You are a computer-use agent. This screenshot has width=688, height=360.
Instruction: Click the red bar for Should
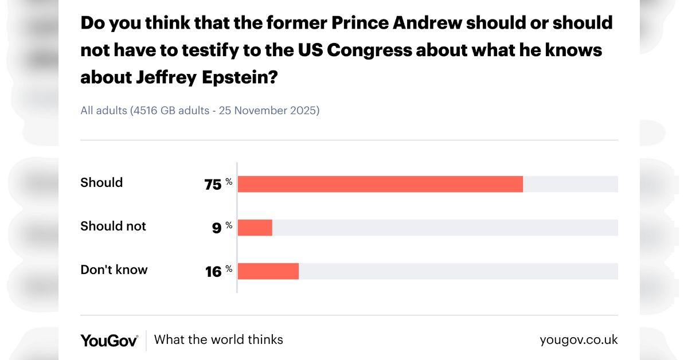[380, 184]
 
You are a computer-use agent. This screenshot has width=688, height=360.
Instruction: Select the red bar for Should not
[255, 228]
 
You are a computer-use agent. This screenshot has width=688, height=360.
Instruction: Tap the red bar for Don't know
[268, 271]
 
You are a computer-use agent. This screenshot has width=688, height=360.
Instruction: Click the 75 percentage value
[213, 185]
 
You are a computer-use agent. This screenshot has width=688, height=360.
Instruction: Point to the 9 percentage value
[217, 228]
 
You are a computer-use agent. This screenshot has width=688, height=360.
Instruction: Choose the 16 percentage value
[213, 272]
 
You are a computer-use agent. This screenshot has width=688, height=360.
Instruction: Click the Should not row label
[113, 226]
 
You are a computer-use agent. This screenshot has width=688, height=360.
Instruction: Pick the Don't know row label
[114, 269]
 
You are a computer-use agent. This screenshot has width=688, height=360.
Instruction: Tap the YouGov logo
[109, 340]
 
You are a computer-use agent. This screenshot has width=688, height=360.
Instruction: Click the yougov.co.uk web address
[578, 339]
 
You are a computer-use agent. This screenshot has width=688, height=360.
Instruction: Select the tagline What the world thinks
[218, 339]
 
